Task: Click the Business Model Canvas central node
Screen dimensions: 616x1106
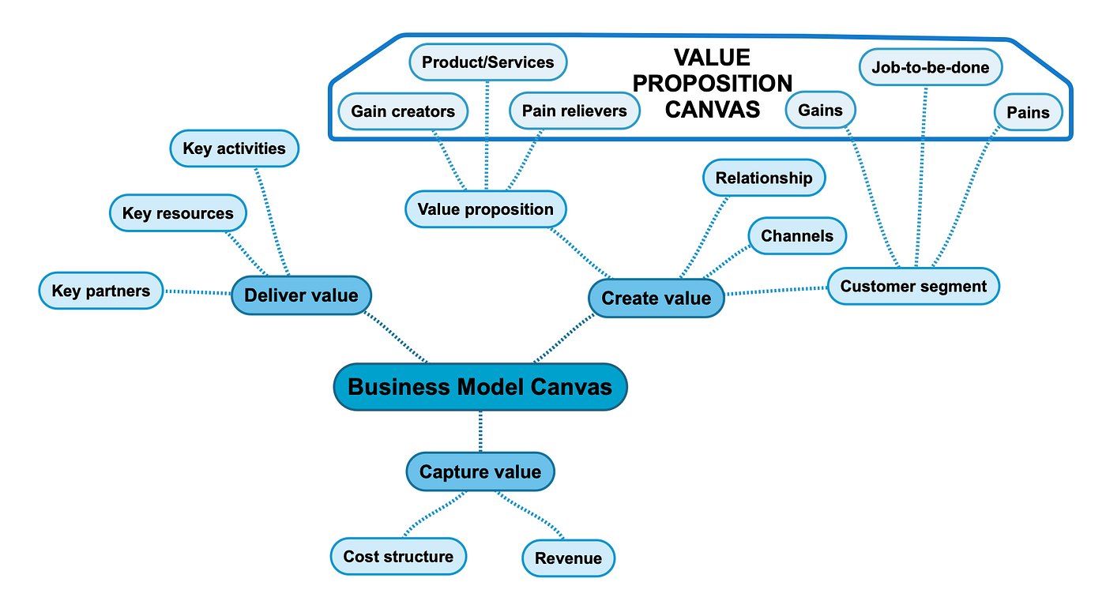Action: (x=480, y=387)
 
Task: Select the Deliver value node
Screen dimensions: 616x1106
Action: (x=301, y=295)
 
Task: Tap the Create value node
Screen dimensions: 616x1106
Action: (x=656, y=299)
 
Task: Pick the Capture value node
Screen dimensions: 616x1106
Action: (x=480, y=472)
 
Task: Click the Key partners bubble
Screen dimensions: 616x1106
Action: (x=100, y=291)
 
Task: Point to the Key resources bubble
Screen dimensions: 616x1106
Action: (x=178, y=213)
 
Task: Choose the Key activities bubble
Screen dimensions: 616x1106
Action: (x=234, y=148)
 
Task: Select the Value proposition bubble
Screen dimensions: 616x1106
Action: (x=485, y=209)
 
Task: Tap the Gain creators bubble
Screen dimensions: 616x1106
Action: (x=403, y=111)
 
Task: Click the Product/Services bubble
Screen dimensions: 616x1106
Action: (x=487, y=62)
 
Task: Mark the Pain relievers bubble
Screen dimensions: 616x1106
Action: (x=574, y=111)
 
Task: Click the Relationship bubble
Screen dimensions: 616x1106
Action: (x=763, y=178)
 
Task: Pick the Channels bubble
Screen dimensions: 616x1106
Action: (x=796, y=236)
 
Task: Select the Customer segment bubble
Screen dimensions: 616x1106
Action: (x=913, y=286)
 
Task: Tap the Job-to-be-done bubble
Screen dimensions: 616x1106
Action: (x=930, y=68)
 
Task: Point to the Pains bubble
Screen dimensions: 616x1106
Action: (x=1028, y=112)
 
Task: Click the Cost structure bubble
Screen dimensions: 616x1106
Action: (x=398, y=557)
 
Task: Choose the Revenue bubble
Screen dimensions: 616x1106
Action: (x=568, y=558)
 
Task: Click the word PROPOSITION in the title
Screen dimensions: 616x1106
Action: (x=713, y=84)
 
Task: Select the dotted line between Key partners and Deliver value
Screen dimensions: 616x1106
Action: (x=197, y=292)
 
